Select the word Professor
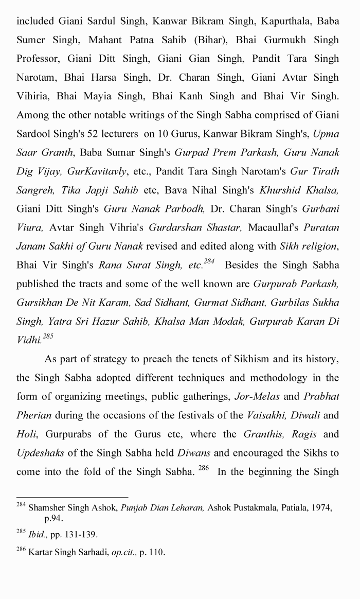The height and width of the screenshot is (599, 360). (x=38, y=59)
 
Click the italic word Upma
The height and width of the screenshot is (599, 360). (x=326, y=134)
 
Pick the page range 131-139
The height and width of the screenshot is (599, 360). (x=80, y=534)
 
